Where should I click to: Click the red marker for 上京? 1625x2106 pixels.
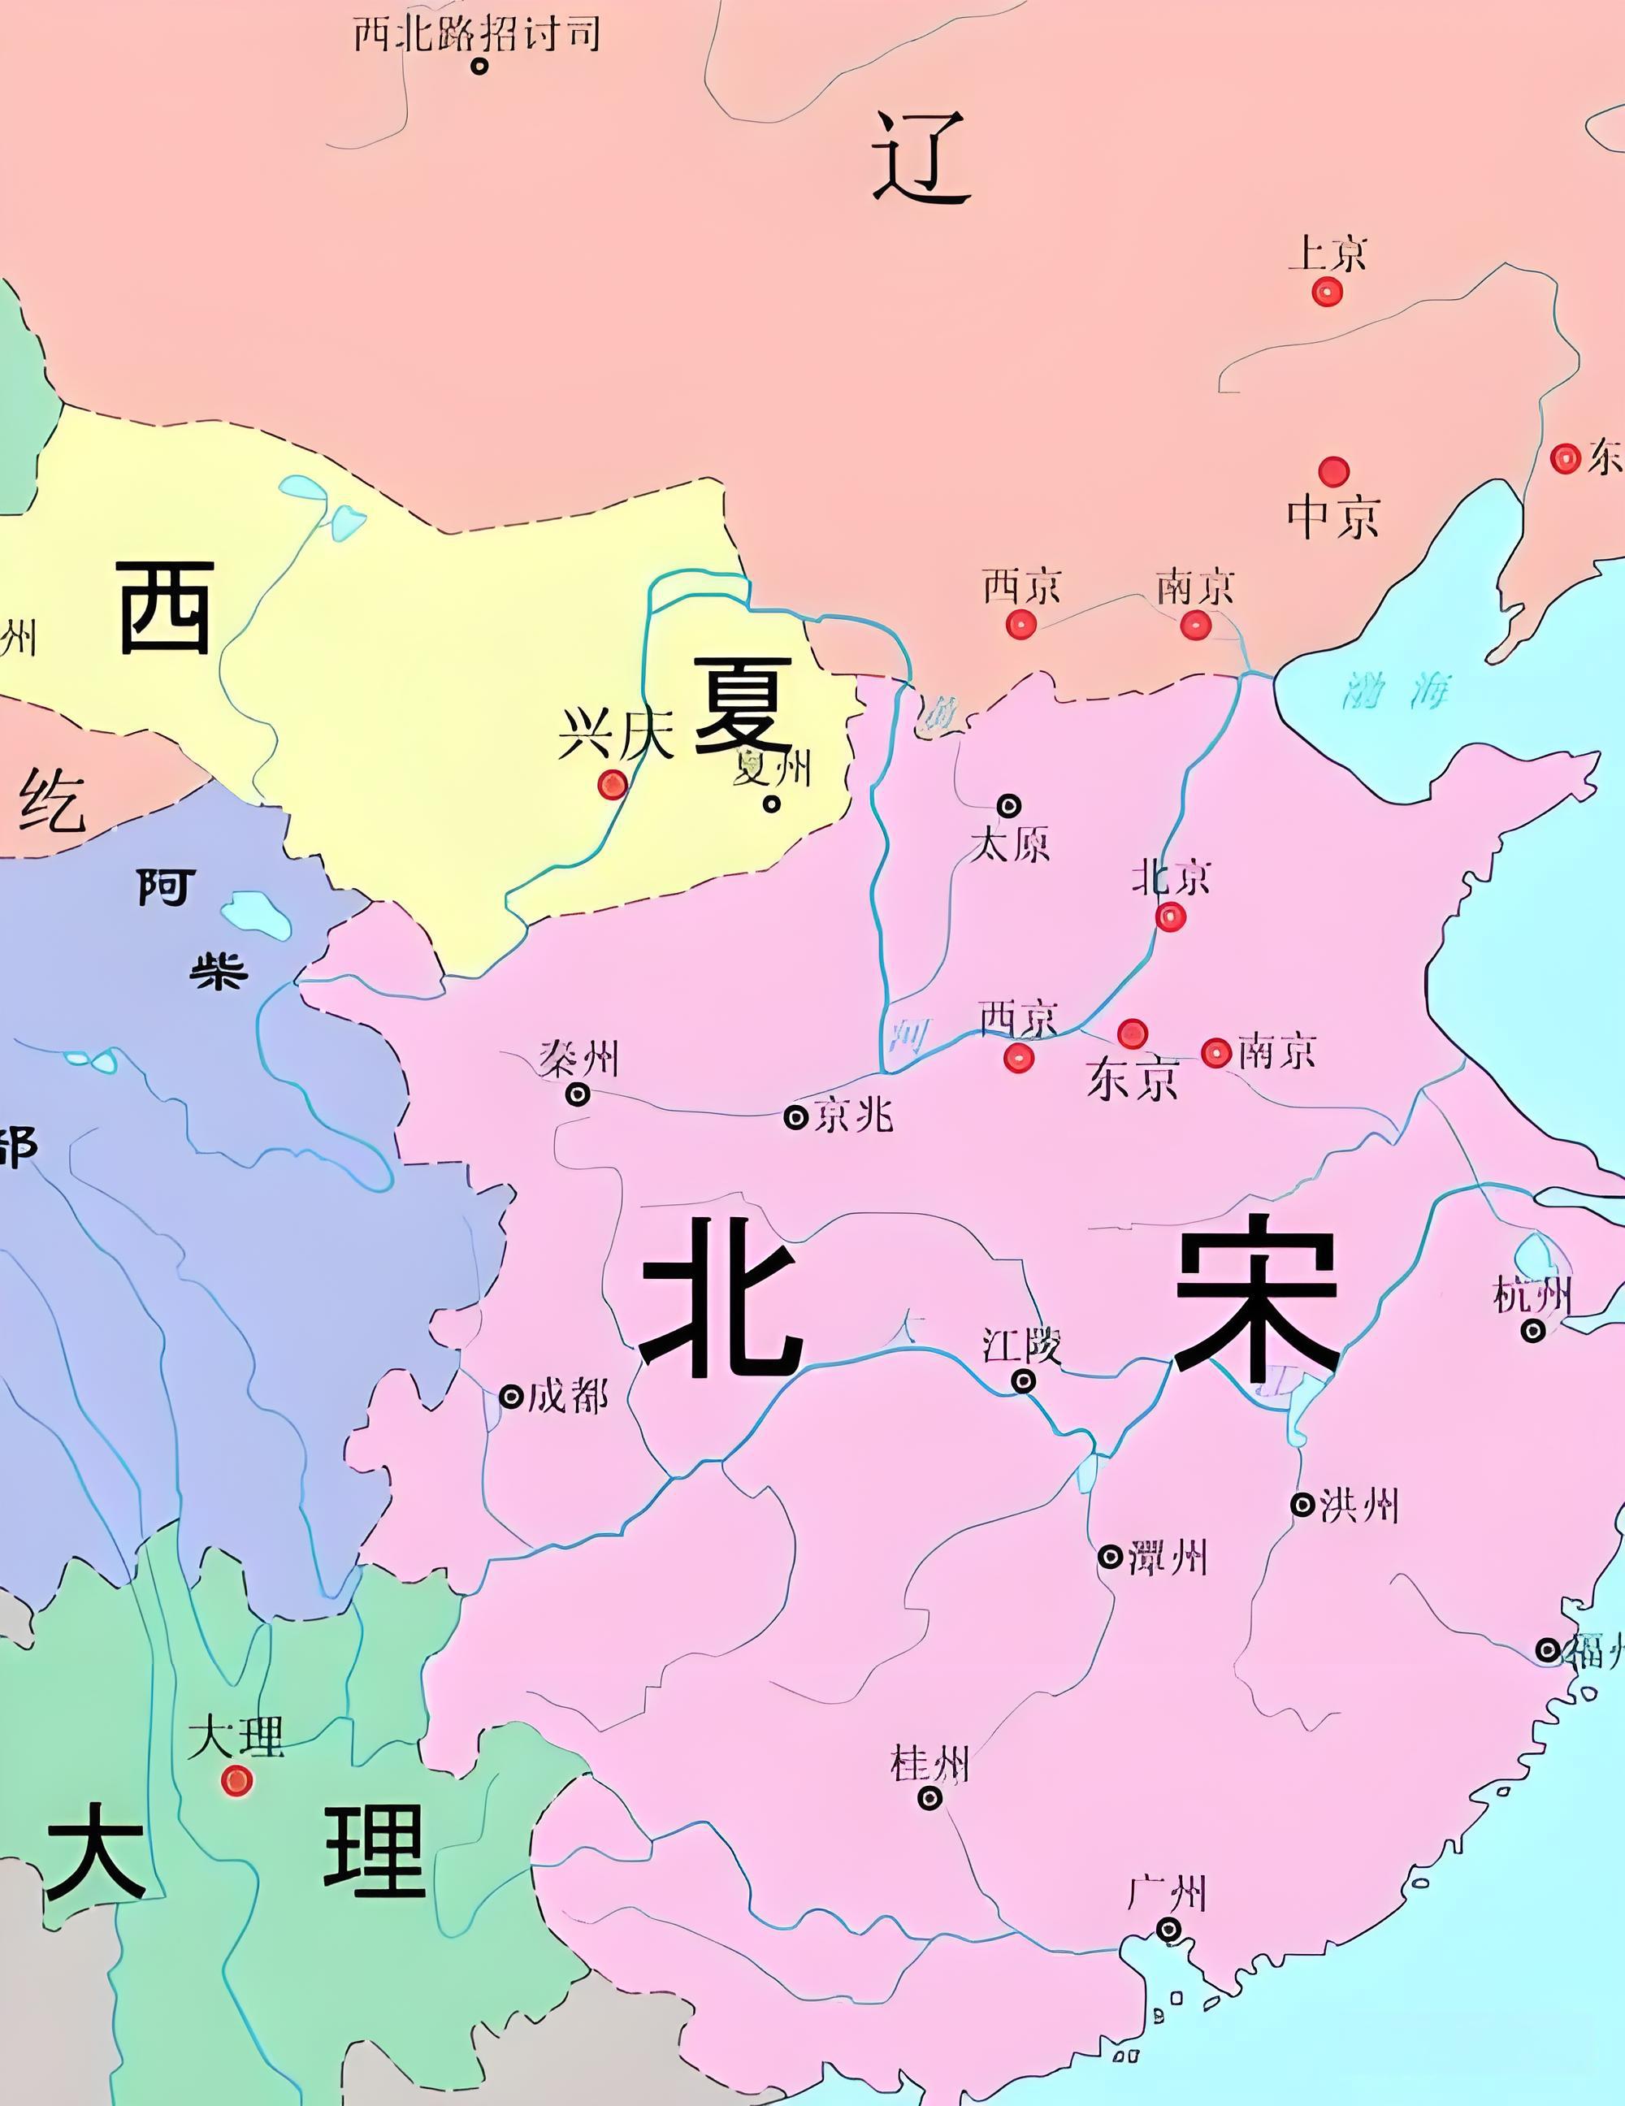point(1327,291)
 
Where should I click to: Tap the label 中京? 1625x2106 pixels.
point(1332,516)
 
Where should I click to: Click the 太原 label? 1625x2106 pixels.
point(1010,845)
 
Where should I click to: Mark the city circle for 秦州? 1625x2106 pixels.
point(578,1094)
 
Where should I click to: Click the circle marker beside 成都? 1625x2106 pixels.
point(510,1395)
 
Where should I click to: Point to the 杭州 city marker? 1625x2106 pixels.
point(1533,1331)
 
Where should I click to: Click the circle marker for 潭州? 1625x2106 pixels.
point(1110,1557)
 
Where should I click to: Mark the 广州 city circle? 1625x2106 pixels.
point(1169,1929)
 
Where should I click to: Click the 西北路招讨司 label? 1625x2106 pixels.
point(476,35)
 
